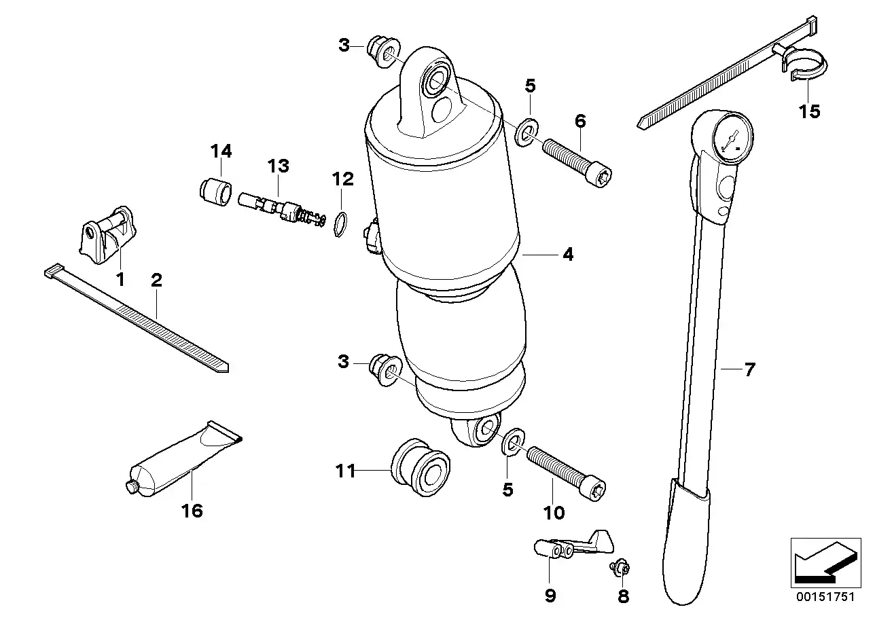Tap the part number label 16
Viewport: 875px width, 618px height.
[x=192, y=510]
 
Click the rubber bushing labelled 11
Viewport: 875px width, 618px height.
[x=421, y=469]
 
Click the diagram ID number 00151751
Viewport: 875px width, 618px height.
[x=825, y=597]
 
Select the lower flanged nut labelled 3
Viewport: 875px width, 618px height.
[x=382, y=370]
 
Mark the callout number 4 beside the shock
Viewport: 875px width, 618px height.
[x=568, y=255]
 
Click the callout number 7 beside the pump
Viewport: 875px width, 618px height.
[x=749, y=369]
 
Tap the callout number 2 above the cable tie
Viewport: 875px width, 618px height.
[x=156, y=279]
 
